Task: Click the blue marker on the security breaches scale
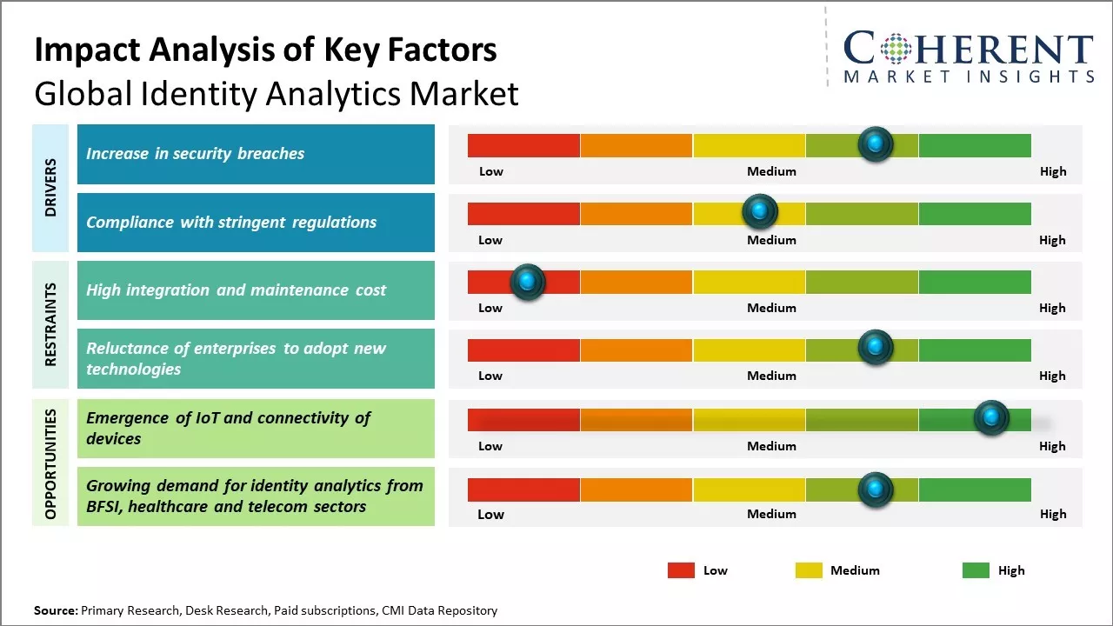[876, 143]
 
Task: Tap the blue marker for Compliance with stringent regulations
[760, 211]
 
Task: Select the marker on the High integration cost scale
[527, 281]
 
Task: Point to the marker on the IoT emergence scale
[991, 417]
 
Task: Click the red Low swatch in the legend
[681, 570]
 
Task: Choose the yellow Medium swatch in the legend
[809, 570]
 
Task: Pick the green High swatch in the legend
[976, 570]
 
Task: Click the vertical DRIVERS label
[50, 188]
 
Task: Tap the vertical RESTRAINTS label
[50, 324]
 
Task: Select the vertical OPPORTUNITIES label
[50, 464]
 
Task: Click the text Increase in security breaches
[196, 154]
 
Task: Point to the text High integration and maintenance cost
[236, 290]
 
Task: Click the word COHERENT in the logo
[969, 49]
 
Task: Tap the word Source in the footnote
[55, 610]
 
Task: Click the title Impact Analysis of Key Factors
[265, 50]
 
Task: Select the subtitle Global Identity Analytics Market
[277, 93]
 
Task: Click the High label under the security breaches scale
[1052, 171]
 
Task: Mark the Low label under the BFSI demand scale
[490, 514]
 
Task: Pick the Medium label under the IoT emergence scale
[771, 446]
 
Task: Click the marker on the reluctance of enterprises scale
[876, 348]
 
